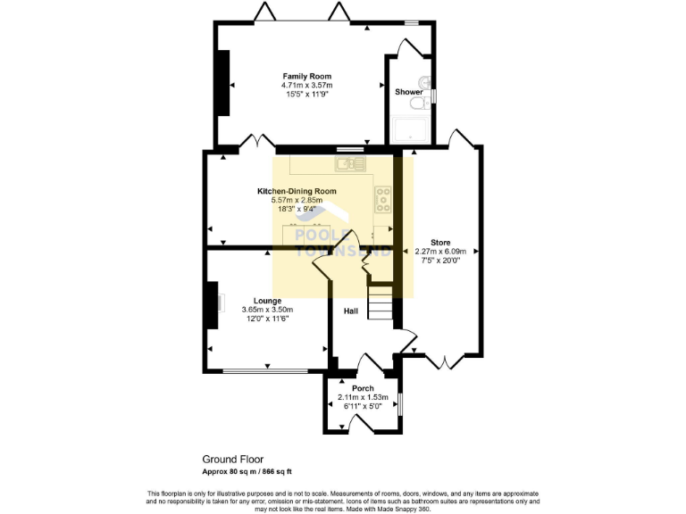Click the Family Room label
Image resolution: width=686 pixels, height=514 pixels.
point(301,76)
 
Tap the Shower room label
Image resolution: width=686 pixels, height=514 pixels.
point(408,91)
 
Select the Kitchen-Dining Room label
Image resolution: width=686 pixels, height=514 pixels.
point(296,191)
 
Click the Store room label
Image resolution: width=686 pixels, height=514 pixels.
point(440,242)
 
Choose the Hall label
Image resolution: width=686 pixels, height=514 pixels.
point(352,311)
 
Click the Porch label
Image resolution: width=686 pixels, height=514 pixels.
point(361,388)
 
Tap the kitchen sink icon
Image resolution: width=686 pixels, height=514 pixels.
point(349,163)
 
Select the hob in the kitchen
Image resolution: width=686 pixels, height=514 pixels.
point(384,198)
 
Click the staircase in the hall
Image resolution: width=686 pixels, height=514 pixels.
point(381,305)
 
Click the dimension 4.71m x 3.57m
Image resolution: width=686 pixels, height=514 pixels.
point(301,85)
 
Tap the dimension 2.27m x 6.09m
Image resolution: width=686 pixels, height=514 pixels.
point(441,251)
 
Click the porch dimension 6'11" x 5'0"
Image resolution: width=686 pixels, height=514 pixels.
point(361,405)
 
